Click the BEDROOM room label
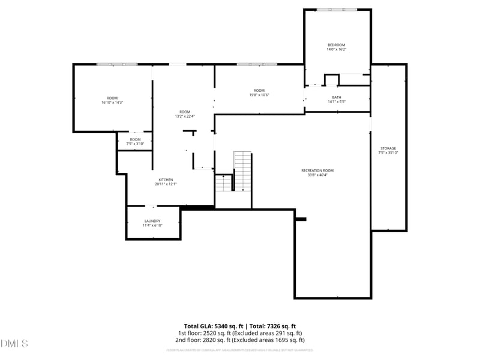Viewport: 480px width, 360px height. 336,45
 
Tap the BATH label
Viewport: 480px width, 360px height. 336,97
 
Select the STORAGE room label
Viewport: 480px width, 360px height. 388,148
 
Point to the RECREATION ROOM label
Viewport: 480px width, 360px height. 317,170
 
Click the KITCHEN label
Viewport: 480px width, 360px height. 166,180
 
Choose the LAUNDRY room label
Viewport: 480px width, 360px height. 152,221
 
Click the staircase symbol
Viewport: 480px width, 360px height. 242,171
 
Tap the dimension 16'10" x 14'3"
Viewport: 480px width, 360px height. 112,103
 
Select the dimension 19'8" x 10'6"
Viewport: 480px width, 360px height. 259,95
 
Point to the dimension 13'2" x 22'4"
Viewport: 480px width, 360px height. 185,116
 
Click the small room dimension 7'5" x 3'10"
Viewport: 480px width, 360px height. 135,144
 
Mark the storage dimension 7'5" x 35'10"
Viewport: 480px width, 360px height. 388,153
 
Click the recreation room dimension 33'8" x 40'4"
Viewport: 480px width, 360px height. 317,175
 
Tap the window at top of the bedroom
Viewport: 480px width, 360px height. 337,10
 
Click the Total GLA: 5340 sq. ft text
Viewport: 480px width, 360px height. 214,326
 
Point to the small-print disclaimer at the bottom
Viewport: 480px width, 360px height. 240,349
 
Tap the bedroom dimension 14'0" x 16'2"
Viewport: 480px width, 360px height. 336,50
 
